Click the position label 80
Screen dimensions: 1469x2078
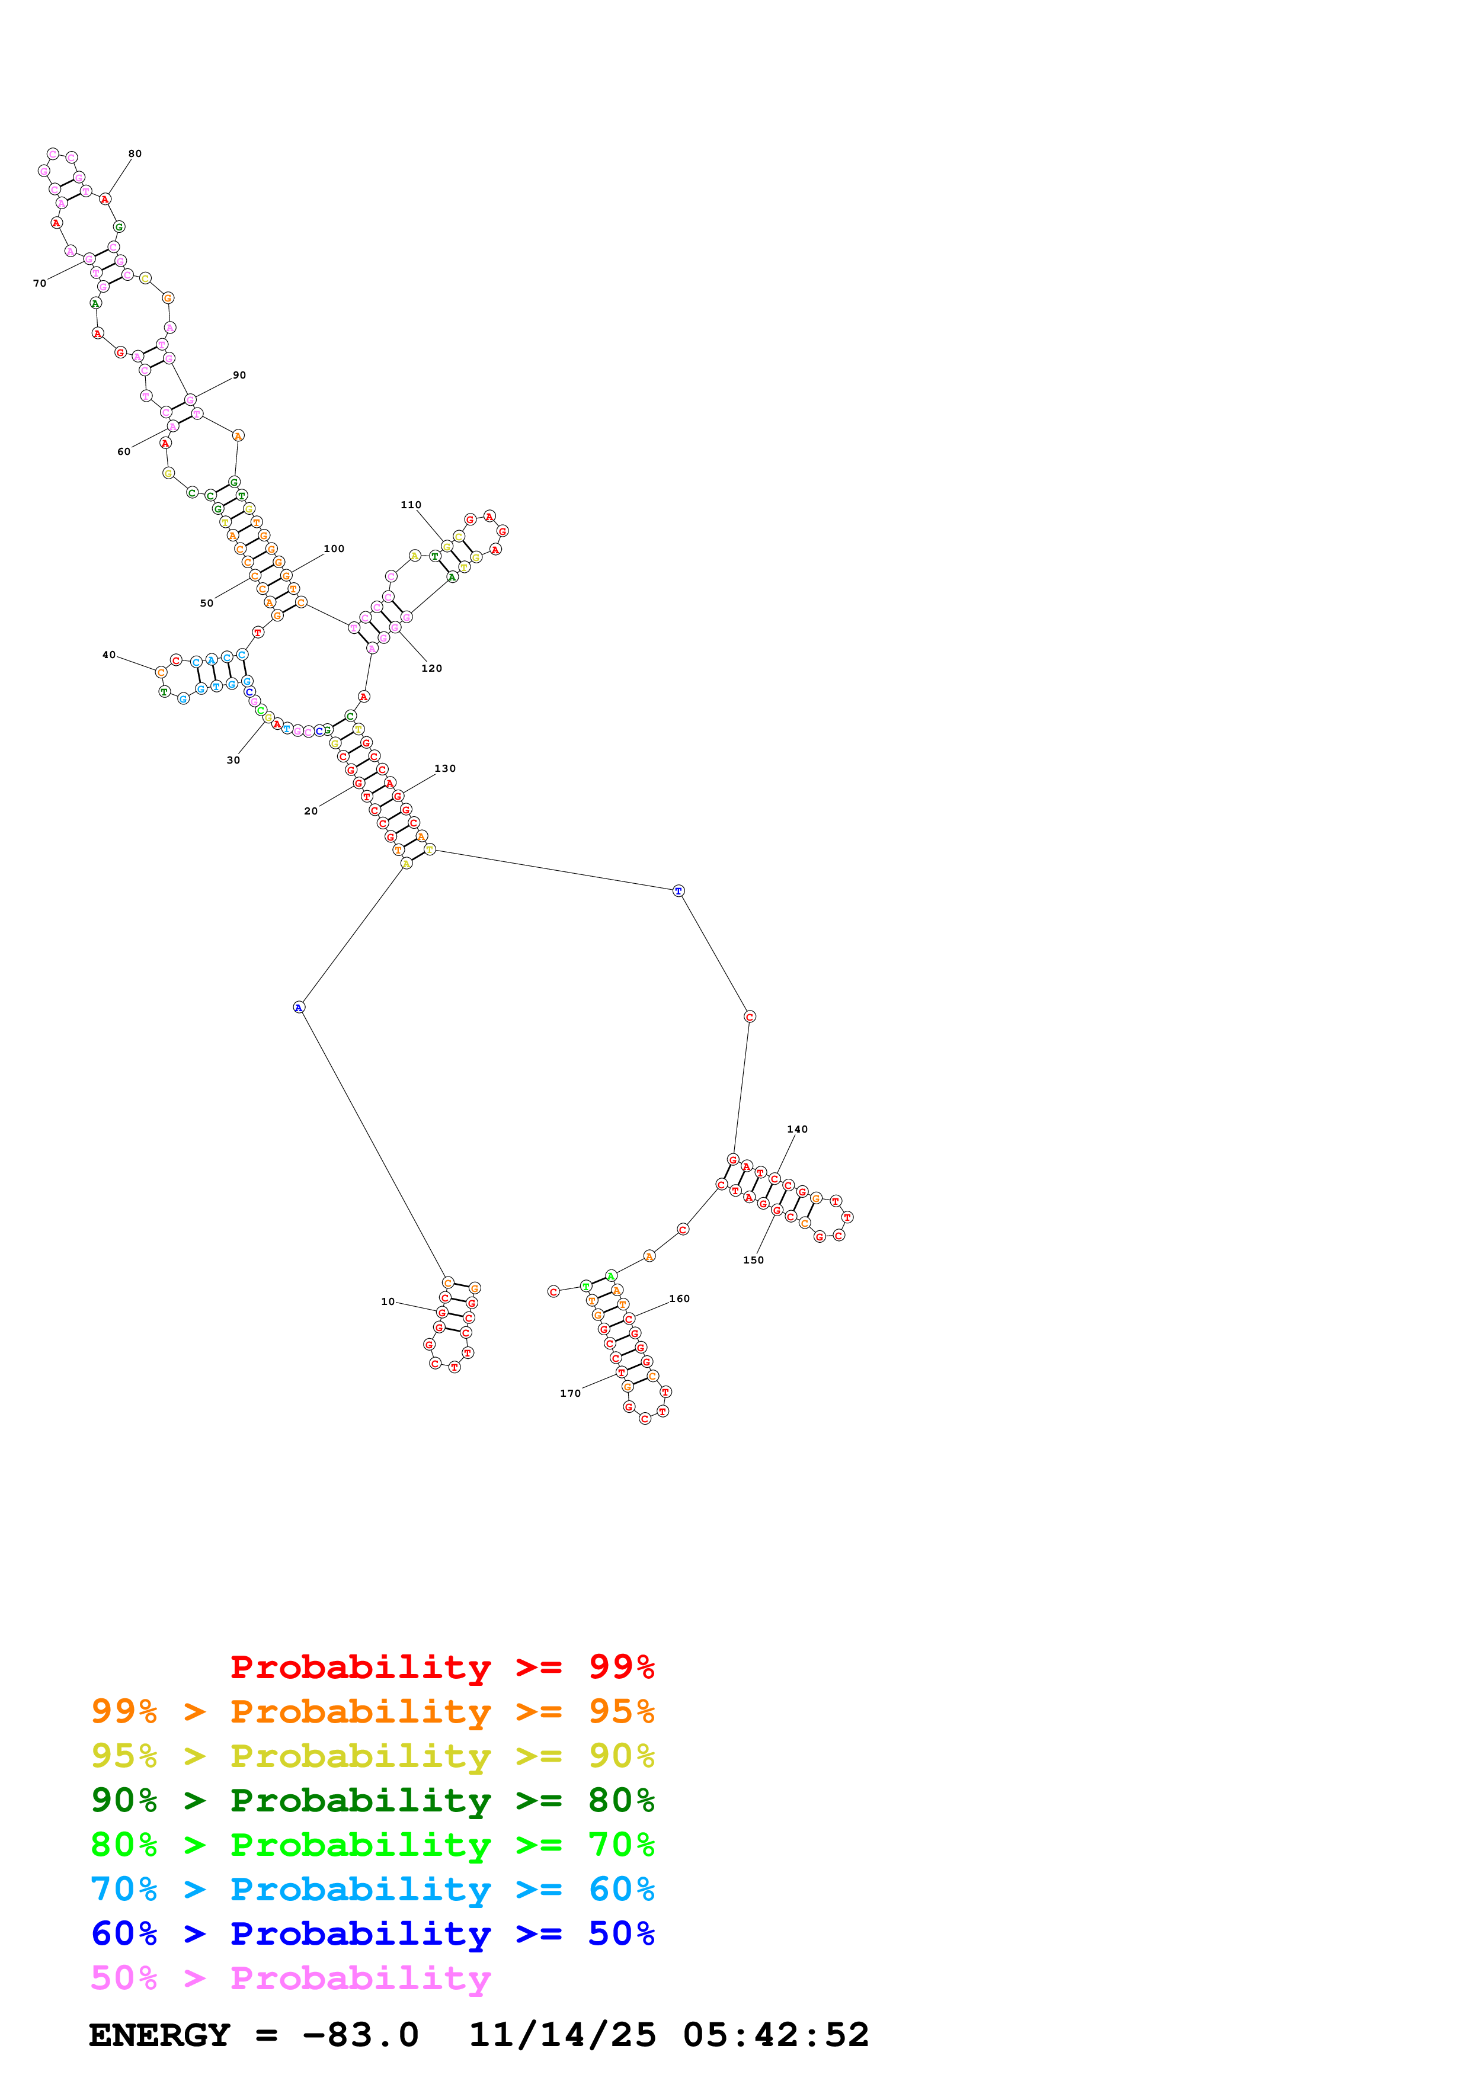coord(135,154)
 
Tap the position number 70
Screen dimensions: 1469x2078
coord(40,283)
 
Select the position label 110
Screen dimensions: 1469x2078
coord(411,505)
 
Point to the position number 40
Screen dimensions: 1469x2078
coord(108,655)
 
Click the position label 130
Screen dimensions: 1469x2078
coord(445,768)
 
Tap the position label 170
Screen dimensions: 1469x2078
coord(570,1393)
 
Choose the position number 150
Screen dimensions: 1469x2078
coord(753,1260)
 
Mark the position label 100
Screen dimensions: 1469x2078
coord(334,549)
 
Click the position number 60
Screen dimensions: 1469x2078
coord(124,451)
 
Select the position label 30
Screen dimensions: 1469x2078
coord(233,760)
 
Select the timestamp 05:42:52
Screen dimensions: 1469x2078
coord(776,2035)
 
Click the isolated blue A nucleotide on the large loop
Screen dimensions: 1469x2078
coord(299,1008)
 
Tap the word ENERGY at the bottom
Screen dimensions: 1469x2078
coord(159,2035)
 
